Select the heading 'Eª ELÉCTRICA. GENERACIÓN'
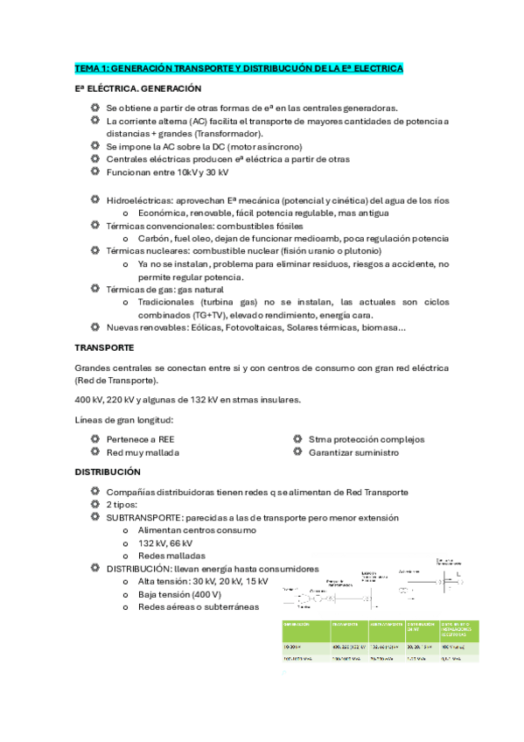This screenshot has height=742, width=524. [x=138, y=89]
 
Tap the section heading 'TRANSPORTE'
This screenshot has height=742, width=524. [x=105, y=348]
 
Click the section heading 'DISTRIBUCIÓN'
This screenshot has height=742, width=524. [x=108, y=472]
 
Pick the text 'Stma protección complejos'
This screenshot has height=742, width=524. [x=366, y=439]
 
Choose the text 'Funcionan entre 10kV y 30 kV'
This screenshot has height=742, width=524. [x=167, y=172]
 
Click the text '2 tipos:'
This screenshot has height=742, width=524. [x=121, y=505]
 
